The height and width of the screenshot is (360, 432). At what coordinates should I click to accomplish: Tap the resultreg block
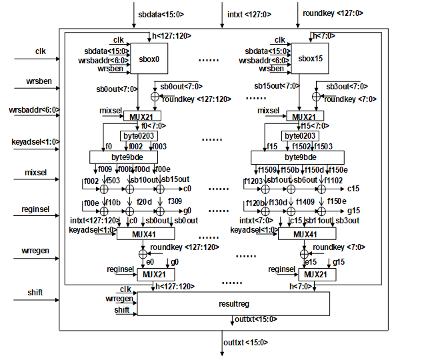point(233,303)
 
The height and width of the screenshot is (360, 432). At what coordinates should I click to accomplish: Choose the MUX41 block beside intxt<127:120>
point(145,234)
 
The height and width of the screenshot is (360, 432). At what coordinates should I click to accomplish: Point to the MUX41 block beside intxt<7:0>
point(307,234)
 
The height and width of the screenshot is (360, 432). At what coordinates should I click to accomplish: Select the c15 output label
point(354,189)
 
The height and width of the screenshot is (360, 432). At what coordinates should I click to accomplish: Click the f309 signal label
point(175,201)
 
